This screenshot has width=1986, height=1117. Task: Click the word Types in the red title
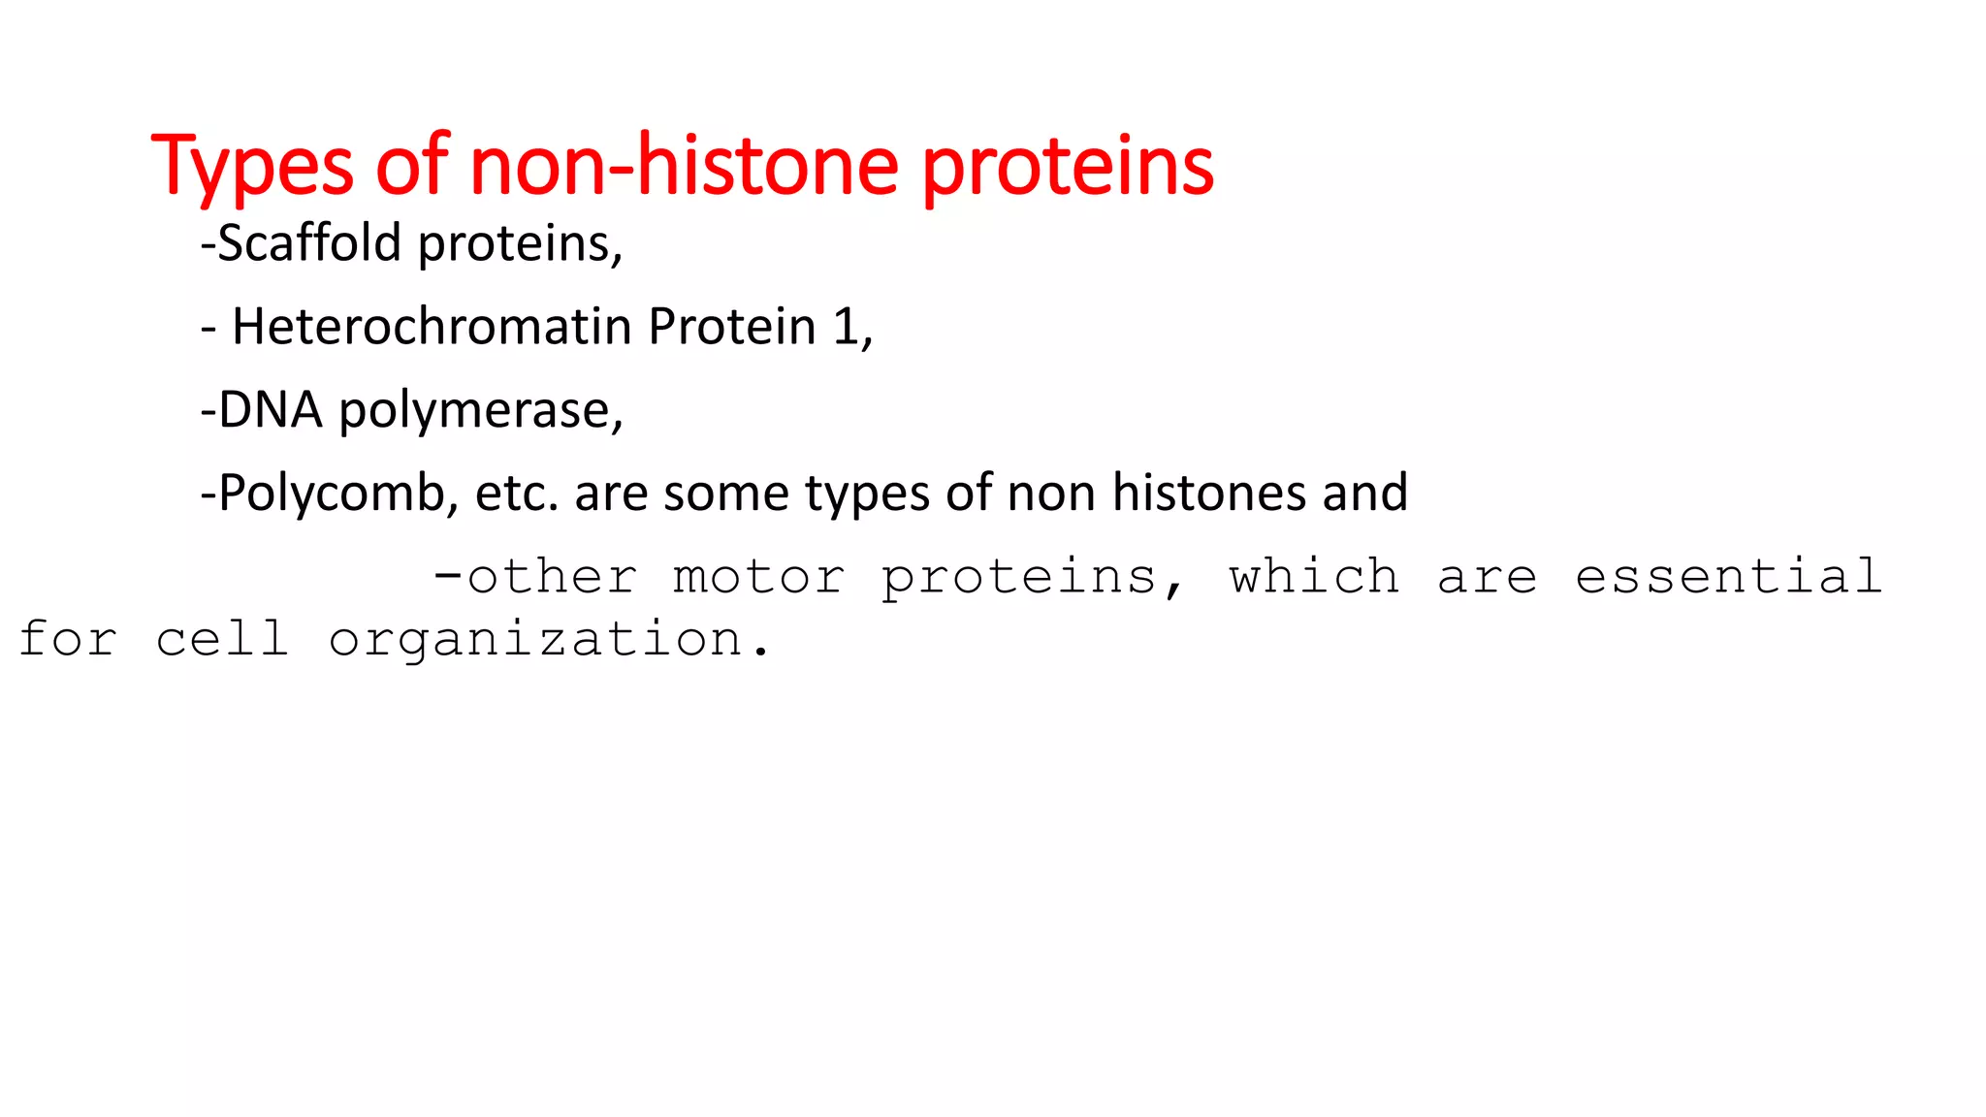[x=252, y=167]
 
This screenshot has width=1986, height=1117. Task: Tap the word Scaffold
[x=308, y=242]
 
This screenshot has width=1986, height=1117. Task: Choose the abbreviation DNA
[x=270, y=409]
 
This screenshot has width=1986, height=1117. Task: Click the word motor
[x=758, y=577]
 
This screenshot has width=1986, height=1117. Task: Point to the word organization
[x=536, y=640]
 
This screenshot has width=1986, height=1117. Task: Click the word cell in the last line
[x=222, y=639]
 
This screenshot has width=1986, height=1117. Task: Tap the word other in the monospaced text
[x=552, y=577]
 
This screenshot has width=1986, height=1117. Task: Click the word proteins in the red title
[x=1067, y=167]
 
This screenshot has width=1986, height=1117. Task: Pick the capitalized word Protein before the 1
[x=732, y=326]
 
